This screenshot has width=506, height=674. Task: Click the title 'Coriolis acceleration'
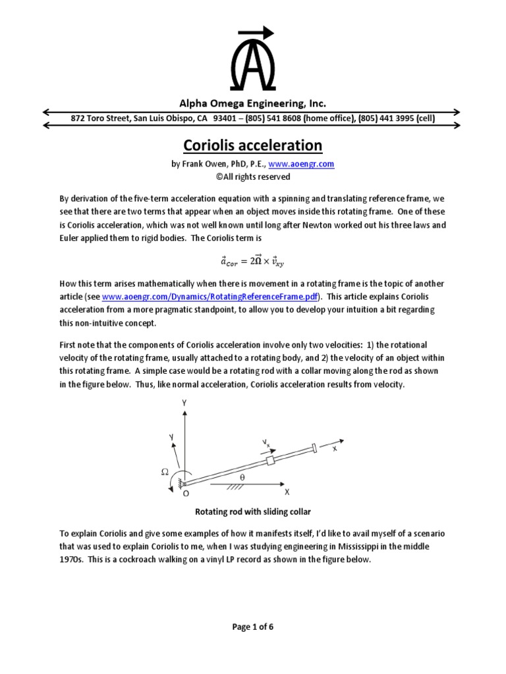click(x=252, y=145)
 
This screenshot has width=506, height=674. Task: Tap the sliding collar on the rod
click(x=269, y=460)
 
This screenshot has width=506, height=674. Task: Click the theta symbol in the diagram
click(x=242, y=477)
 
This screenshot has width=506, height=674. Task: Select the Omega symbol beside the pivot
click(x=165, y=472)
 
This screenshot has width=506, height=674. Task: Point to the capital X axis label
click(x=287, y=492)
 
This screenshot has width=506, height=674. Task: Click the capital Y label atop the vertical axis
click(x=185, y=401)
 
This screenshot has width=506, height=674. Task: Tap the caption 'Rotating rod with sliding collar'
click(x=252, y=511)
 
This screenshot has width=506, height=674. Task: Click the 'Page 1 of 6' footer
click(x=252, y=627)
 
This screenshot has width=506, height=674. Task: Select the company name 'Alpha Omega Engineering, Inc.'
click(x=252, y=103)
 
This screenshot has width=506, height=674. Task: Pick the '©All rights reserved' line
click(x=252, y=176)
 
